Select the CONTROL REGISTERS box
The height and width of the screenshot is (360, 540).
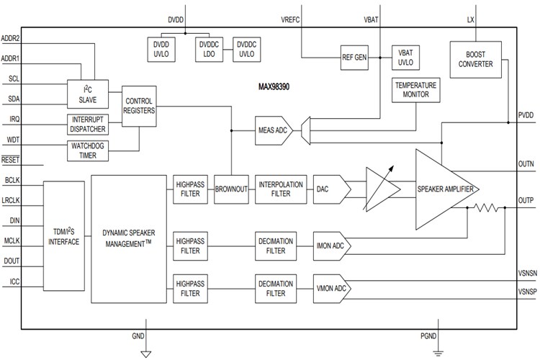pyautogui.click(x=139, y=107)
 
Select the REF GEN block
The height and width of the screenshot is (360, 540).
pyautogui.click(x=354, y=56)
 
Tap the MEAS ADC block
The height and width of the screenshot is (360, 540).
pyautogui.click(x=271, y=131)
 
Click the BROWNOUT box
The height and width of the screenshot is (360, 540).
pyautogui.click(x=230, y=188)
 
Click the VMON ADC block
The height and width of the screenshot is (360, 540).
pyautogui.click(x=331, y=288)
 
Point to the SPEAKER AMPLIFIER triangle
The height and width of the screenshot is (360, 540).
pyautogui.click(x=443, y=189)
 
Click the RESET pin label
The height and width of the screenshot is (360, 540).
pyautogui.click(x=11, y=160)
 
